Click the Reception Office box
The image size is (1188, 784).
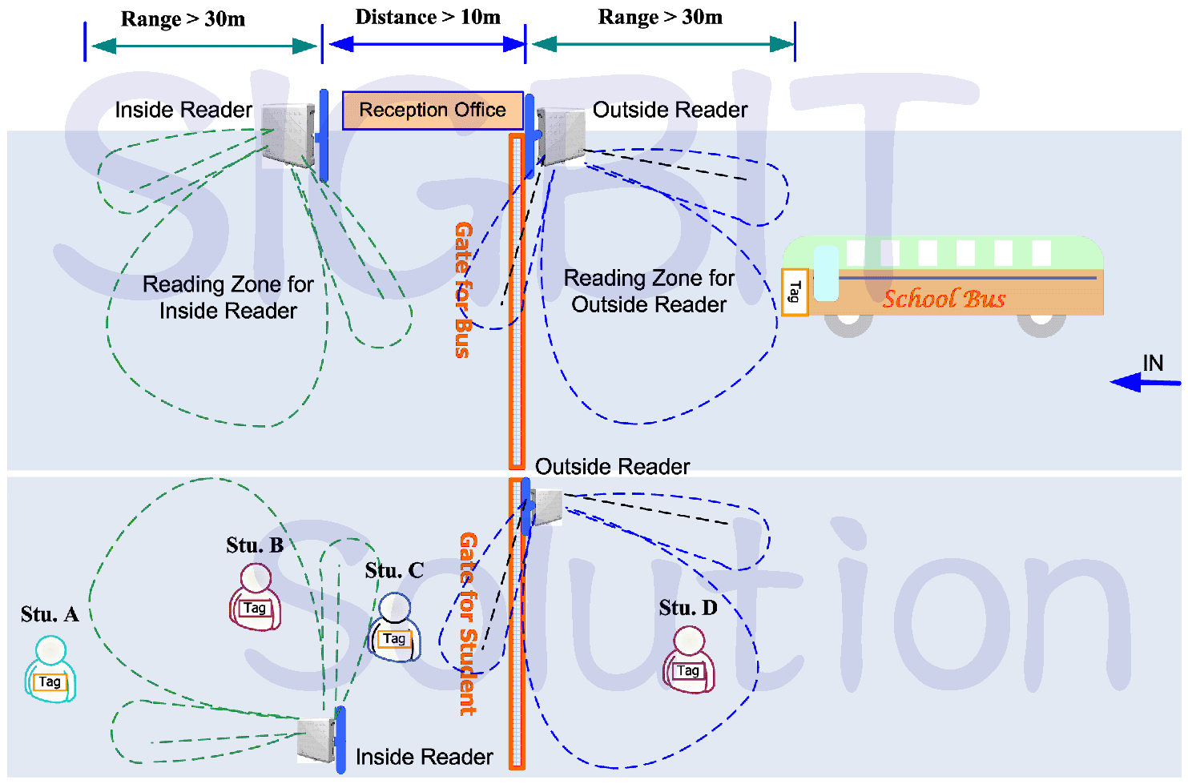point(433,111)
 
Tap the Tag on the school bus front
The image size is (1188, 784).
point(794,292)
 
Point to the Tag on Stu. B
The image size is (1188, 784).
point(255,609)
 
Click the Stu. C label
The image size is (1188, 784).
point(394,571)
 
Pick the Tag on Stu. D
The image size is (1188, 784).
point(688,671)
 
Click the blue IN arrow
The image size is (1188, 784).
point(1146,383)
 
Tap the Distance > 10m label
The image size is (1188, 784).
point(428,18)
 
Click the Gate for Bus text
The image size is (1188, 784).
point(463,289)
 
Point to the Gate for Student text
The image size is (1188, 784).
point(468,623)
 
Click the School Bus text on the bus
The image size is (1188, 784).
point(944,299)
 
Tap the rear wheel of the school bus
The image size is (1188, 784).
point(1041,324)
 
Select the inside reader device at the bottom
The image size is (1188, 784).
point(316,740)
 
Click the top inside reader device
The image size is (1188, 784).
point(288,135)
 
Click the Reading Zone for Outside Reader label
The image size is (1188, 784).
point(649,291)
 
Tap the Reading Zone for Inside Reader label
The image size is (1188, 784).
point(228,297)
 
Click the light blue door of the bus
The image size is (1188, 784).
point(826,273)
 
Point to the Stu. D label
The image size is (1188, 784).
point(688,609)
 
